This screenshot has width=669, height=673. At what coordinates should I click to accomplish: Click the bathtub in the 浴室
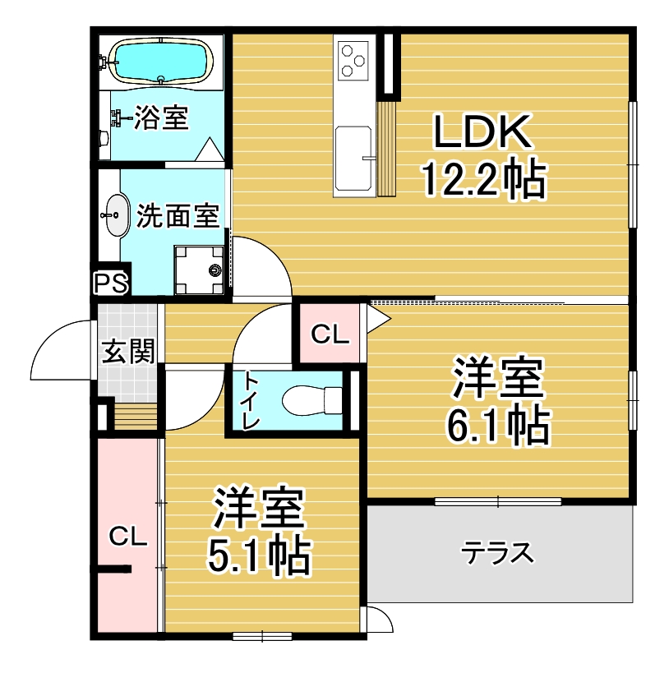click(x=160, y=61)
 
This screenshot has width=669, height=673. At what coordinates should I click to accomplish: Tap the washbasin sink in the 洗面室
click(x=117, y=215)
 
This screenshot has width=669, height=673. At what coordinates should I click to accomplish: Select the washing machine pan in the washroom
click(x=199, y=270)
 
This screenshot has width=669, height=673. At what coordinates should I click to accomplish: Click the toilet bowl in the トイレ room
click(x=312, y=400)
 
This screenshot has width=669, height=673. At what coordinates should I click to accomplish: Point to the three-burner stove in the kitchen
click(x=353, y=60)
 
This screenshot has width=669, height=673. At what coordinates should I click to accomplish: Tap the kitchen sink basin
click(x=353, y=158)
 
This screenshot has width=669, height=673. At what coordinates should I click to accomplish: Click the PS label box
click(x=111, y=283)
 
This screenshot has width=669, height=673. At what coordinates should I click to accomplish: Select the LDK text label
click(x=482, y=131)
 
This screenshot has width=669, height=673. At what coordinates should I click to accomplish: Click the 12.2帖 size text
click(x=484, y=179)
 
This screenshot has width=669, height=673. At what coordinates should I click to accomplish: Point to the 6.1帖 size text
click(x=498, y=425)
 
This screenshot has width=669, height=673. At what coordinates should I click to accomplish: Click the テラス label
click(x=497, y=553)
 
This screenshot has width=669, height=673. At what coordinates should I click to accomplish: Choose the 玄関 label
click(x=128, y=352)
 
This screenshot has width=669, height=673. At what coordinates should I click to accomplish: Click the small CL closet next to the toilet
click(x=330, y=334)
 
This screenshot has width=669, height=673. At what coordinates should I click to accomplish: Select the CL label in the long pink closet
click(x=127, y=537)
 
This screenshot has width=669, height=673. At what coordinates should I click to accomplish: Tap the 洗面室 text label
click(x=178, y=215)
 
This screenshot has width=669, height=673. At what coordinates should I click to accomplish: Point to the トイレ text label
click(x=251, y=400)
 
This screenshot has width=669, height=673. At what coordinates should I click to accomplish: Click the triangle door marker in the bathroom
click(x=209, y=150)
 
